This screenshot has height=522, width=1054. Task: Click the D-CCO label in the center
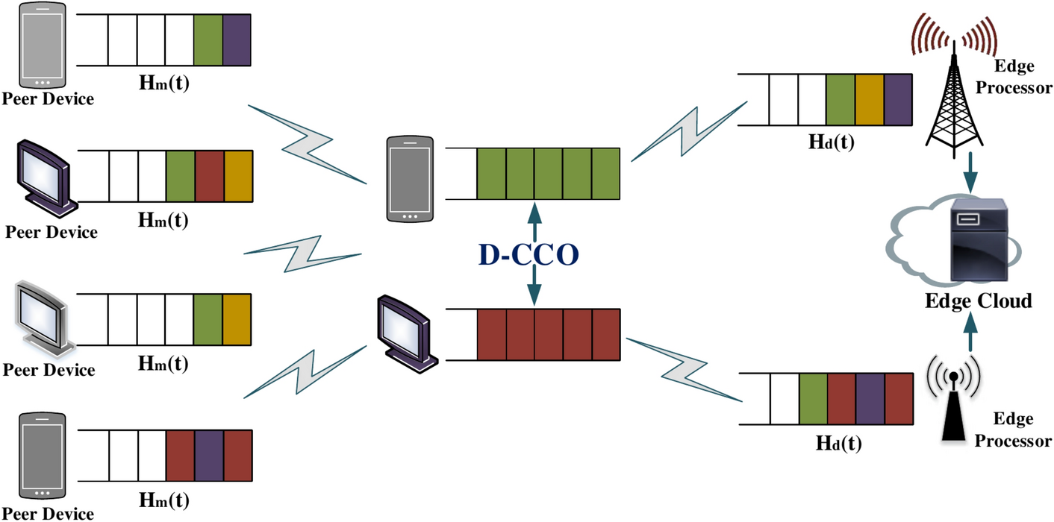pos(528,255)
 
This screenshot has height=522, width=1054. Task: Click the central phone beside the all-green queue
pos(410,179)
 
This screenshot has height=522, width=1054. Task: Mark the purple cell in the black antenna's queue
pos(869,399)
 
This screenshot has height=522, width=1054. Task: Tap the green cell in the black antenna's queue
pos(812,399)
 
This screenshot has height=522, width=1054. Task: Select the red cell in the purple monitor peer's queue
pos(209,176)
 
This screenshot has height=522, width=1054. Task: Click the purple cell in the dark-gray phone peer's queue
pos(209,456)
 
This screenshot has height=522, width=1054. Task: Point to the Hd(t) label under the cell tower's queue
pos(832,142)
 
